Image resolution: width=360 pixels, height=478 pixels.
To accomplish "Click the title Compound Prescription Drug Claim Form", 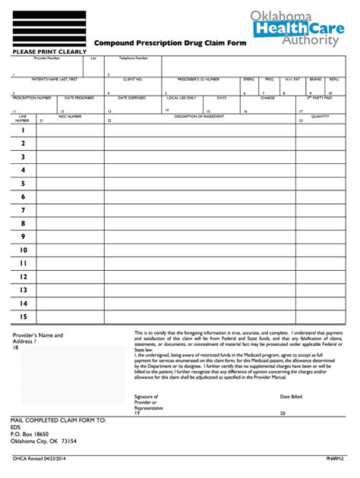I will (x=167, y=45).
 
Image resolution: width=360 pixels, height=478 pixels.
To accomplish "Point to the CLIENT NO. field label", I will (x=133, y=79).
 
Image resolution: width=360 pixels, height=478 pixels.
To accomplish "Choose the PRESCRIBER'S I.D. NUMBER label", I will (x=198, y=79).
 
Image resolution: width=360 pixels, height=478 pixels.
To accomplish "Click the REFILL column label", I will (x=335, y=79).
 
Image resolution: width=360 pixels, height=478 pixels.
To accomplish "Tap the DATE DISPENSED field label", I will (x=131, y=97).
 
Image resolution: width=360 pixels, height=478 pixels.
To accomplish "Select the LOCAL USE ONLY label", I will (x=182, y=97).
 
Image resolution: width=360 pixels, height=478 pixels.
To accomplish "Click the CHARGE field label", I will (x=267, y=97).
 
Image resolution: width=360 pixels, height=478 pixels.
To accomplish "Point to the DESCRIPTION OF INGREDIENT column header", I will (x=201, y=115).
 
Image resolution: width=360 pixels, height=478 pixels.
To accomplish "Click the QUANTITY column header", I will (x=320, y=115).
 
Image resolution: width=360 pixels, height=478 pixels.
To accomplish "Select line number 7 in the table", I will (x=23, y=210).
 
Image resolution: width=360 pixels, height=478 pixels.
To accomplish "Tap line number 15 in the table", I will (x=23, y=316).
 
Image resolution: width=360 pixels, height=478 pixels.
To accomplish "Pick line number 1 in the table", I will (x=23, y=130).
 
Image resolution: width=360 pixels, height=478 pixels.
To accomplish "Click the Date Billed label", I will (x=291, y=396).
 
